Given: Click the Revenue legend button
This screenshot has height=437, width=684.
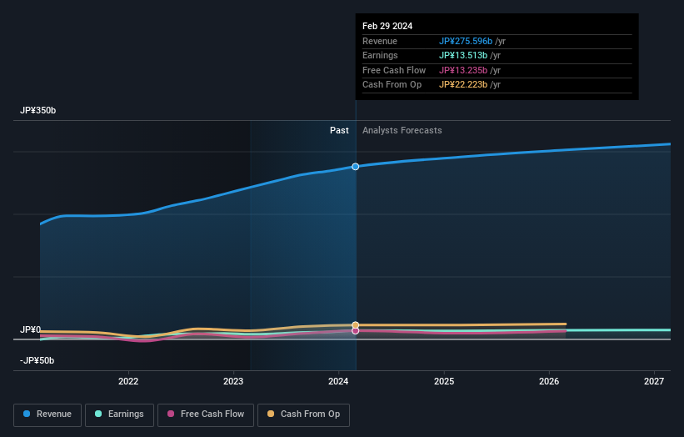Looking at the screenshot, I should [47, 414].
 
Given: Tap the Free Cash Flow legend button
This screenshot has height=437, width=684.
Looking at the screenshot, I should [205, 414].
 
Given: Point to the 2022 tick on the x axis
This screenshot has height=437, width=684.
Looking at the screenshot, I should [128, 382].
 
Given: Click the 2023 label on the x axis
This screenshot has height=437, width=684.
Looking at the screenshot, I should [233, 382].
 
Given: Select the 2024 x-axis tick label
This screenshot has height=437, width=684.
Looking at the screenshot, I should [338, 382].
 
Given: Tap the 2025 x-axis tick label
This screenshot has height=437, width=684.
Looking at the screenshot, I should [444, 382].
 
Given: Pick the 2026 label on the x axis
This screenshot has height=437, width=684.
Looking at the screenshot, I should [549, 382].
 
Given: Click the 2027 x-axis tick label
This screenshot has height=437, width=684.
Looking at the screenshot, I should [654, 382].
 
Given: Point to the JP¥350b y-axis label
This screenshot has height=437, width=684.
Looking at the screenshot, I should [38, 111].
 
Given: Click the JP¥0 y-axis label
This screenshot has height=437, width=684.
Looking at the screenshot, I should [31, 329].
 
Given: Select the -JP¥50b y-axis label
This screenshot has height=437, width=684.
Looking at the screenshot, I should [37, 360].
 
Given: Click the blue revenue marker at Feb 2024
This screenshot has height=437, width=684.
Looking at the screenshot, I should [356, 167].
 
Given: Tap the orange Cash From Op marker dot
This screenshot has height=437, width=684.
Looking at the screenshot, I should [356, 325].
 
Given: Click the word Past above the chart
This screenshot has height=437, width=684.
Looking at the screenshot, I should [339, 130].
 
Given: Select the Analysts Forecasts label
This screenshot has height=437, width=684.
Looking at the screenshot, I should [402, 130].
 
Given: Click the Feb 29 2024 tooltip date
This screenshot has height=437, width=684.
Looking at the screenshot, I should [387, 26].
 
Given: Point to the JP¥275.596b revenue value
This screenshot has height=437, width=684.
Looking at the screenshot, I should [466, 42].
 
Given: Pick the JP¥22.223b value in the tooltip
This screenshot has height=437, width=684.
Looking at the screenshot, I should [463, 85].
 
